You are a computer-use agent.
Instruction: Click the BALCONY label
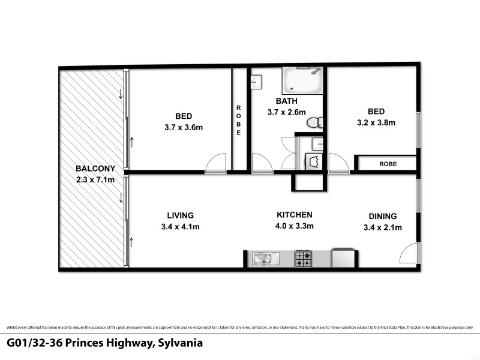coord(91,169)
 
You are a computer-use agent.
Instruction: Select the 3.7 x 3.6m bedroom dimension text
coord(184,127)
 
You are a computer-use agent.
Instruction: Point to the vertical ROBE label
coord(238,120)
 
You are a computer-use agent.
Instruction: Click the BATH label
coord(286,101)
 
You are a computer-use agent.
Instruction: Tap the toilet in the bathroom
coord(314,123)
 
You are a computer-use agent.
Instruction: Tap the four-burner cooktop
coord(303,259)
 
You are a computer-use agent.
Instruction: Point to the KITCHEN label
coord(294,215)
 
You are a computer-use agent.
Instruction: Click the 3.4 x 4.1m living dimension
coord(180,227)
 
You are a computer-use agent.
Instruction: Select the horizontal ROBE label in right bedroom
coord(387,163)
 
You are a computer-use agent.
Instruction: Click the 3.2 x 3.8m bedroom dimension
coord(376,122)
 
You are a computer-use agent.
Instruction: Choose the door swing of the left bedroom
coord(215,164)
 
